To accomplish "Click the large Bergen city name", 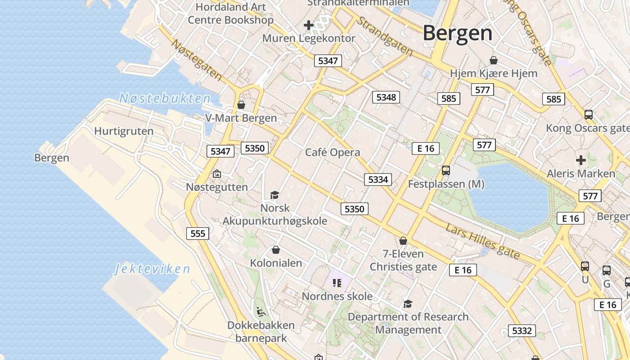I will point(457,33).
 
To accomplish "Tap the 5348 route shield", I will point(386,97).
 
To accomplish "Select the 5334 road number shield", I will point(378,180).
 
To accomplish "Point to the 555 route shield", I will point(198,233).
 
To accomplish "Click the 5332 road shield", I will point(522,331).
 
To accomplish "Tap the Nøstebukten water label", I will point(165,99).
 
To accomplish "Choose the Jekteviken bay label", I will point(152,269).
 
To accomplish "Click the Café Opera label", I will point(333,153).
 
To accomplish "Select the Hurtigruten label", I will point(124,131).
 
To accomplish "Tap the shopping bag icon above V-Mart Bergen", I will point(241,105).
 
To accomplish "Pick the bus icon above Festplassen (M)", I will point(446,171).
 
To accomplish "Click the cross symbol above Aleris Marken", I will point(581,160).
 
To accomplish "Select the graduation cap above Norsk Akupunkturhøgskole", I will point(274,195).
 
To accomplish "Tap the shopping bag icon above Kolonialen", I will point(276,250).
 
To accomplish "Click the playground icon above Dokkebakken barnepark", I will point(261,311).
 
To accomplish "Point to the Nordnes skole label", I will point(337,297).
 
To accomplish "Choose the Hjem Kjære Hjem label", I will point(494,73).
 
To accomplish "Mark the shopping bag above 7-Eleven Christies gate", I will point(403,241).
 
